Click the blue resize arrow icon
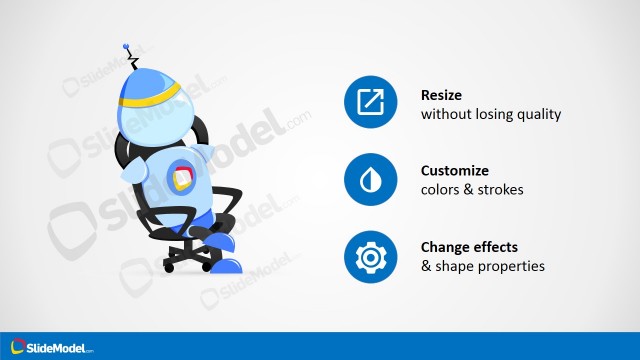click(371, 104)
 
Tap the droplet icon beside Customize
click(371, 180)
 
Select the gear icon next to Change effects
click(371, 256)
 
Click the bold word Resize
click(442, 96)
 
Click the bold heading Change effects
click(470, 247)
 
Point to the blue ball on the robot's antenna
click(127, 45)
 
